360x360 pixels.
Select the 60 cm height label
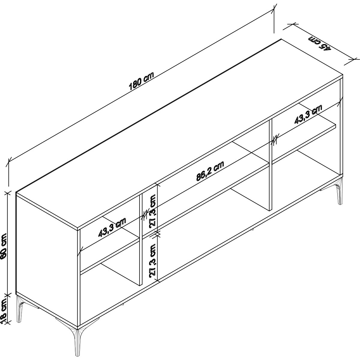4,246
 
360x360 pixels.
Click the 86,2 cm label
210,171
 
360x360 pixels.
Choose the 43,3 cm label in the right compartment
308,114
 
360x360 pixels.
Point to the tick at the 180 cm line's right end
274,11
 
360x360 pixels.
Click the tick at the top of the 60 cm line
7,193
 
